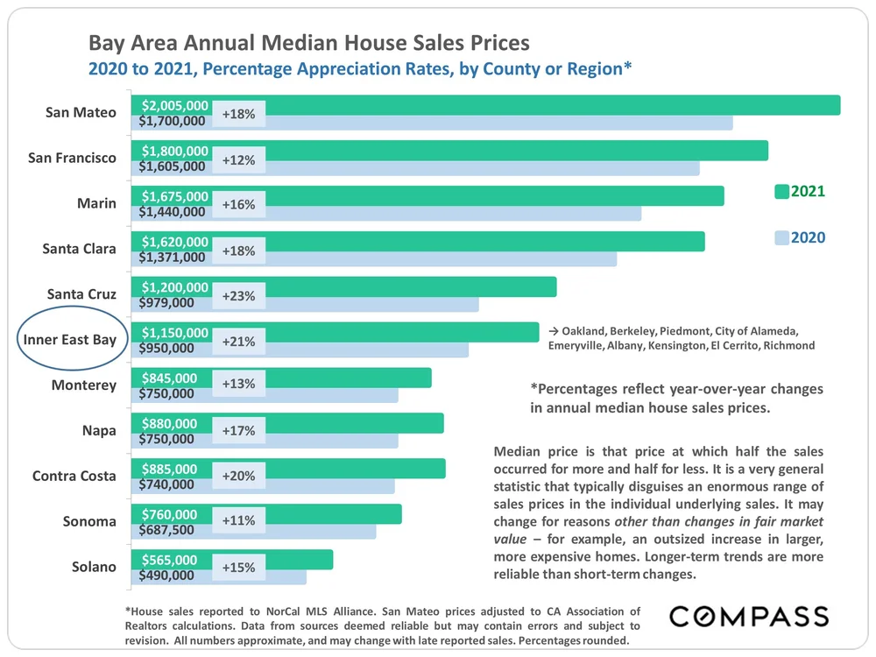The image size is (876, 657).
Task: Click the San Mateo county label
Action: pos(81,112)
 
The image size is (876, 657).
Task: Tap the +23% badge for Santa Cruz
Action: pos(238,296)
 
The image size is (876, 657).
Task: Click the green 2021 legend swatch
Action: pos(781,191)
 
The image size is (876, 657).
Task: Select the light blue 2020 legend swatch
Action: pos(781,237)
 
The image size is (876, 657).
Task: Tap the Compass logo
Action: pos(749,616)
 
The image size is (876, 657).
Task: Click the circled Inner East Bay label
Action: pos(70,340)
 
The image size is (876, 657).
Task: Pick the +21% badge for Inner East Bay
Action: pos(238,342)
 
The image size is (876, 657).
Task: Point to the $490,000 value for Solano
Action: pos(166,576)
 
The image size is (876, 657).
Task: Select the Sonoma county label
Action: pos(89,521)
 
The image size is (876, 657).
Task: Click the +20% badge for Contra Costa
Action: pos(238,477)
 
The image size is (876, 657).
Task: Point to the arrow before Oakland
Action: pos(553,330)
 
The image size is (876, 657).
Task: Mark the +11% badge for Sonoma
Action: pos(238,521)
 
